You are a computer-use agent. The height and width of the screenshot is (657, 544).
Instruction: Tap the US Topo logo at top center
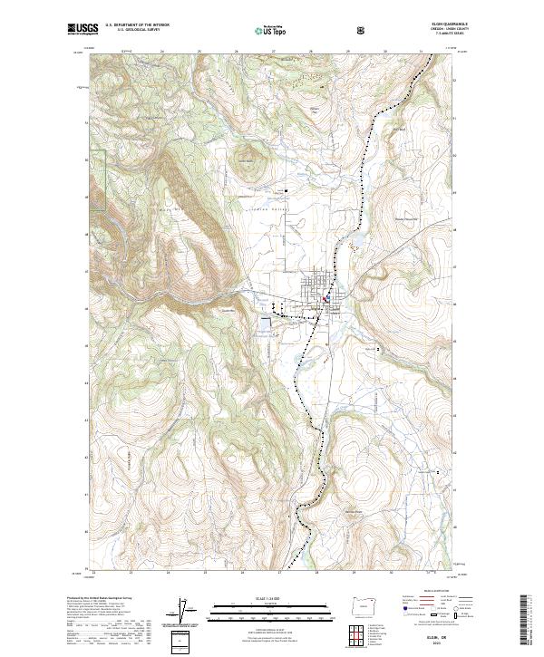(x=262, y=29)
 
